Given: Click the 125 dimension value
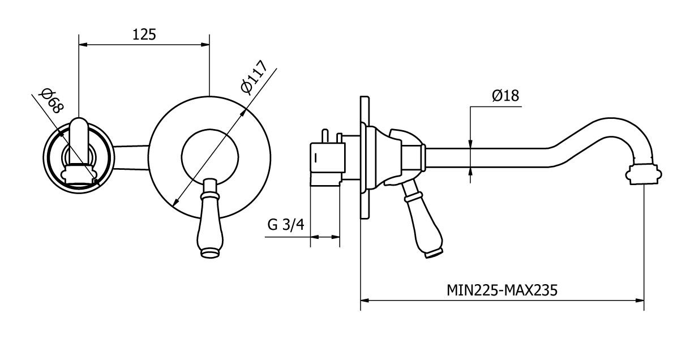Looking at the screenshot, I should (x=144, y=35).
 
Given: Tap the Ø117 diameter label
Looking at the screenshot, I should (x=254, y=76).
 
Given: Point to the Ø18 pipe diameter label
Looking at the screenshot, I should (x=505, y=96).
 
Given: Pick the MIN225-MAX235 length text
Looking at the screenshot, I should (x=502, y=291).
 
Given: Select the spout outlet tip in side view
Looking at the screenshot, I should (x=644, y=173).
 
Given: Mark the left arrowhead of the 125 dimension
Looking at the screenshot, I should (x=82, y=45).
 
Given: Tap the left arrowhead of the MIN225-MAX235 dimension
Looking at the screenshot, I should (x=365, y=300).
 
